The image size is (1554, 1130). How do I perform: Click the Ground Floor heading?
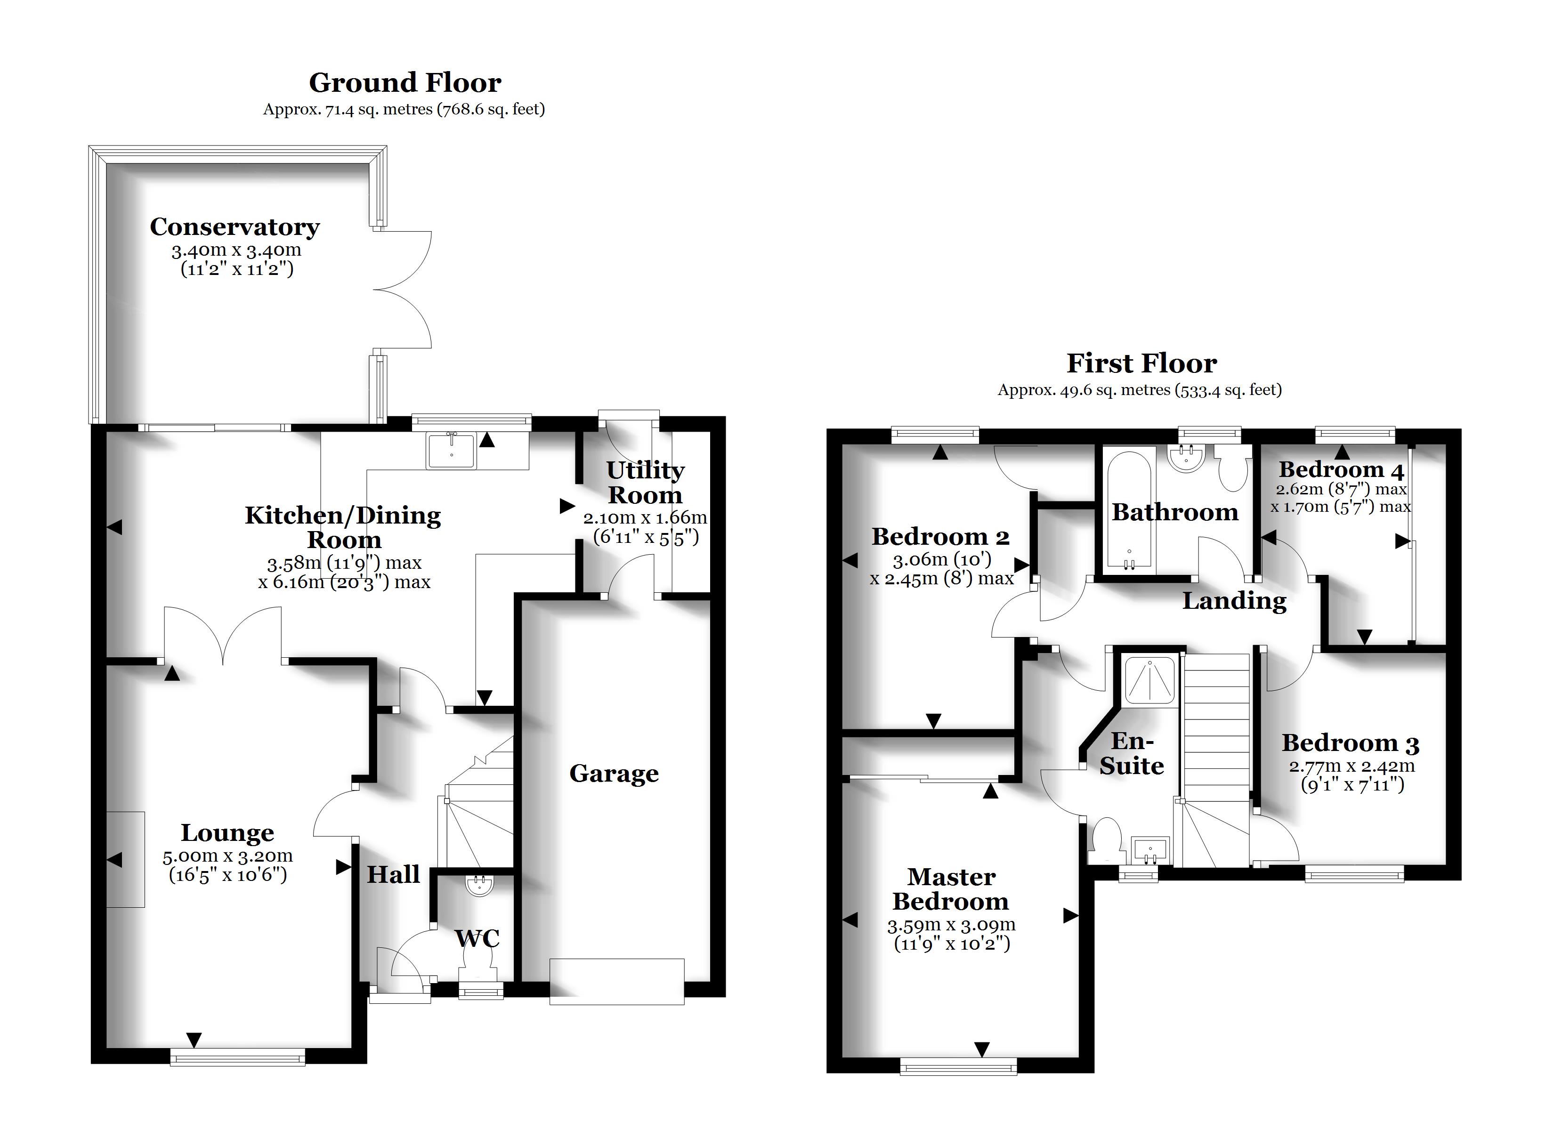click(x=405, y=83)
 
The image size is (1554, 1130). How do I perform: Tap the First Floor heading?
click(x=1141, y=363)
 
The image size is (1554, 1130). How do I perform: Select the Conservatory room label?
click(x=235, y=227)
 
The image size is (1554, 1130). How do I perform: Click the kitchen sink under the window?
click(x=452, y=450)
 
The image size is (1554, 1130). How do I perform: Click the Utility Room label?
click(x=645, y=483)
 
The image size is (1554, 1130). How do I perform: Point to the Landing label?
click(x=1235, y=601)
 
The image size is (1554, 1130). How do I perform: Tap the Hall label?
click(x=393, y=874)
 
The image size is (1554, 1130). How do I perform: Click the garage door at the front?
click(x=617, y=981)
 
